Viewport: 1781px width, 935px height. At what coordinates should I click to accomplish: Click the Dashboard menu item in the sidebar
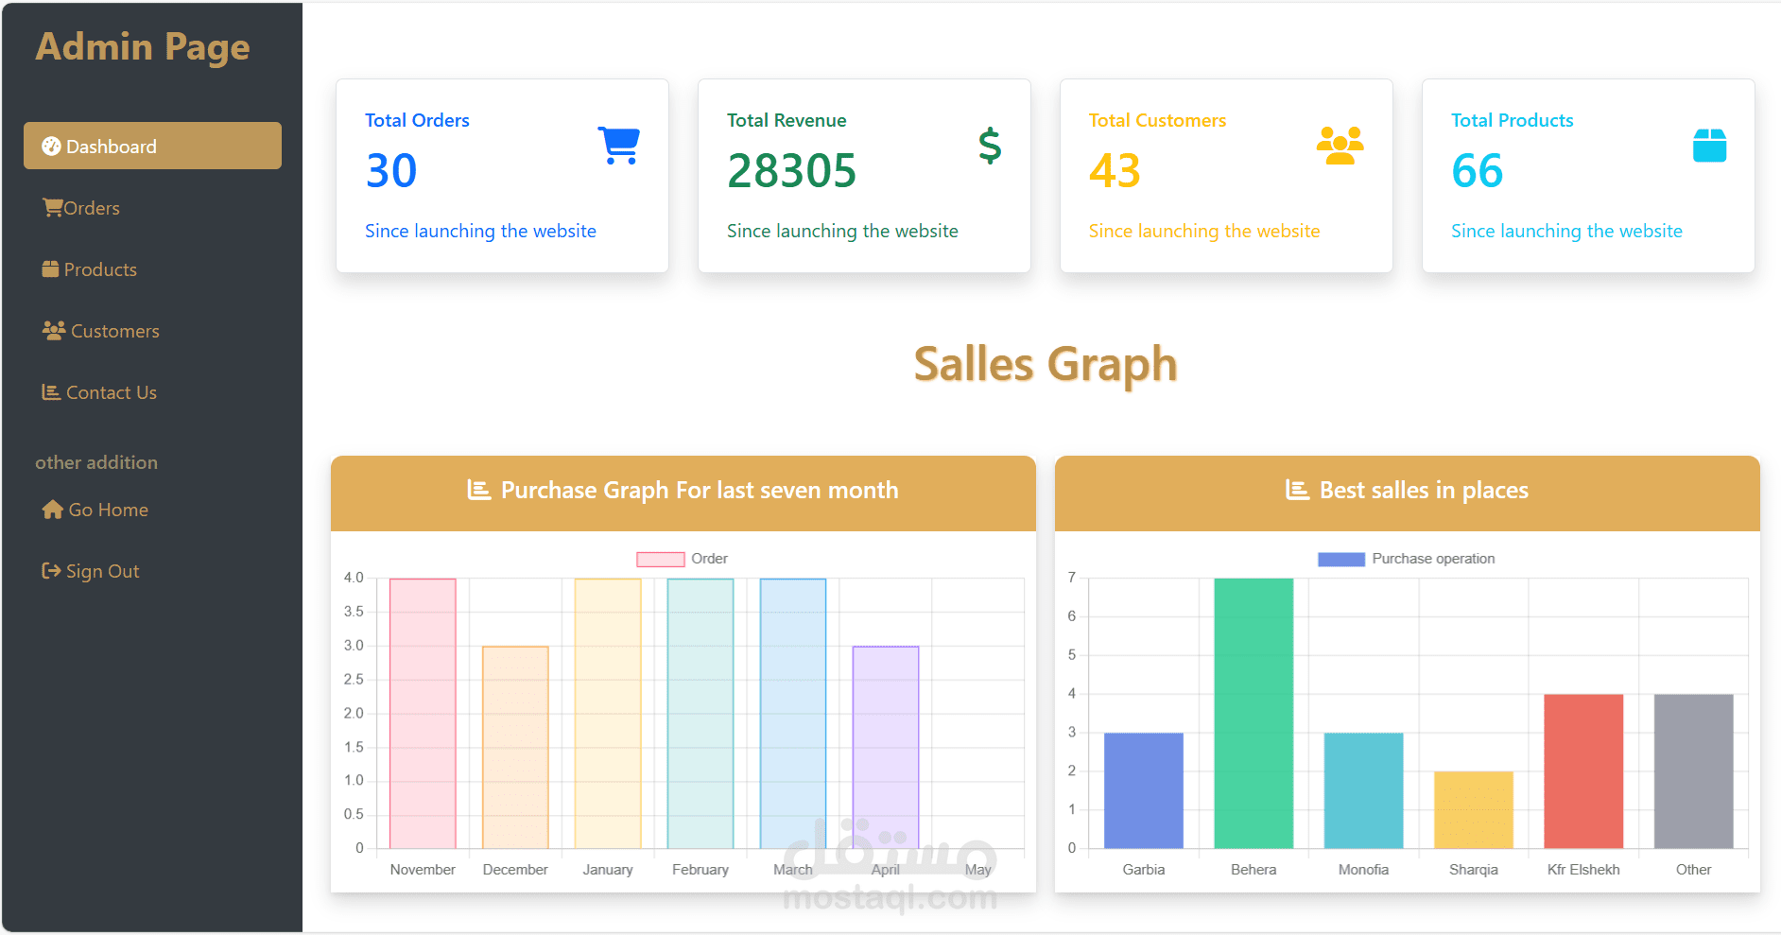152,147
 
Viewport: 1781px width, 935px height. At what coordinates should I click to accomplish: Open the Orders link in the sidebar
82,208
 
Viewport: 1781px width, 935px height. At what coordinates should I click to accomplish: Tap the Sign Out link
92,571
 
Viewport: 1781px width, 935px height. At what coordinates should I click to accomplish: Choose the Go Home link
95,510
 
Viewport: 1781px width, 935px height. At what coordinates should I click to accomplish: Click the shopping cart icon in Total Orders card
619,146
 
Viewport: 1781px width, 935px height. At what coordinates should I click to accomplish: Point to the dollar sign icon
990,146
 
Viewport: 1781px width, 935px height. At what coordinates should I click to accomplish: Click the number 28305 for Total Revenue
791,171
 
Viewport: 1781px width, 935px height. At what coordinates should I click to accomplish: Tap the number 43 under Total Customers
1115,171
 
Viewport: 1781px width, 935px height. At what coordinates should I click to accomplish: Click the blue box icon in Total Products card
1709,146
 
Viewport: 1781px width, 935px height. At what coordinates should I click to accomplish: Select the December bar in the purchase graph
515,747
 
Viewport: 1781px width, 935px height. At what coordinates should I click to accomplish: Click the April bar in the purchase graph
886,747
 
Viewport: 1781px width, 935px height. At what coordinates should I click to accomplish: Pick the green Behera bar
1254,713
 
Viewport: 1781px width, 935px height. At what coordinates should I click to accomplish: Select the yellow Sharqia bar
1474,810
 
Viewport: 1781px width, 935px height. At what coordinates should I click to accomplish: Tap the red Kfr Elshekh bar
1583,771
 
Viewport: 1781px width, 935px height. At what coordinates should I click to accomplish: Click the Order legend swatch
661,559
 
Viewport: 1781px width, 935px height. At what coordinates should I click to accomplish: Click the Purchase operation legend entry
1407,559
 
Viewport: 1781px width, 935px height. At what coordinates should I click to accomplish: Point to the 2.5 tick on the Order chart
354,680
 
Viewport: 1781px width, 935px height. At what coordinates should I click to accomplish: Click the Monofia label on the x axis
1363,870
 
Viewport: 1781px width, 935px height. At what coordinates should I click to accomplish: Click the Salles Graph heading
1046,365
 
